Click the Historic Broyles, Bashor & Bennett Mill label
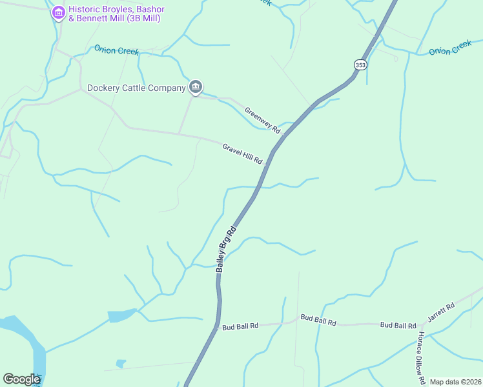pos(117,14)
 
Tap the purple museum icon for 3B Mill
pos(59,12)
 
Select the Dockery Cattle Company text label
pos(136,87)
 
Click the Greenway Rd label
pos(263,120)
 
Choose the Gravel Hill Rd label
pos(242,154)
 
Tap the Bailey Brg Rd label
pos(227,248)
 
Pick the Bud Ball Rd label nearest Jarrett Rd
pos(397,325)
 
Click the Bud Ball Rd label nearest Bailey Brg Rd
pos(240,326)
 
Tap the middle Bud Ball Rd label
pos(318,321)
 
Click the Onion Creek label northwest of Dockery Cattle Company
pos(116,50)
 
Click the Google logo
pos(21,379)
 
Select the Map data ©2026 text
pos(455,382)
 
